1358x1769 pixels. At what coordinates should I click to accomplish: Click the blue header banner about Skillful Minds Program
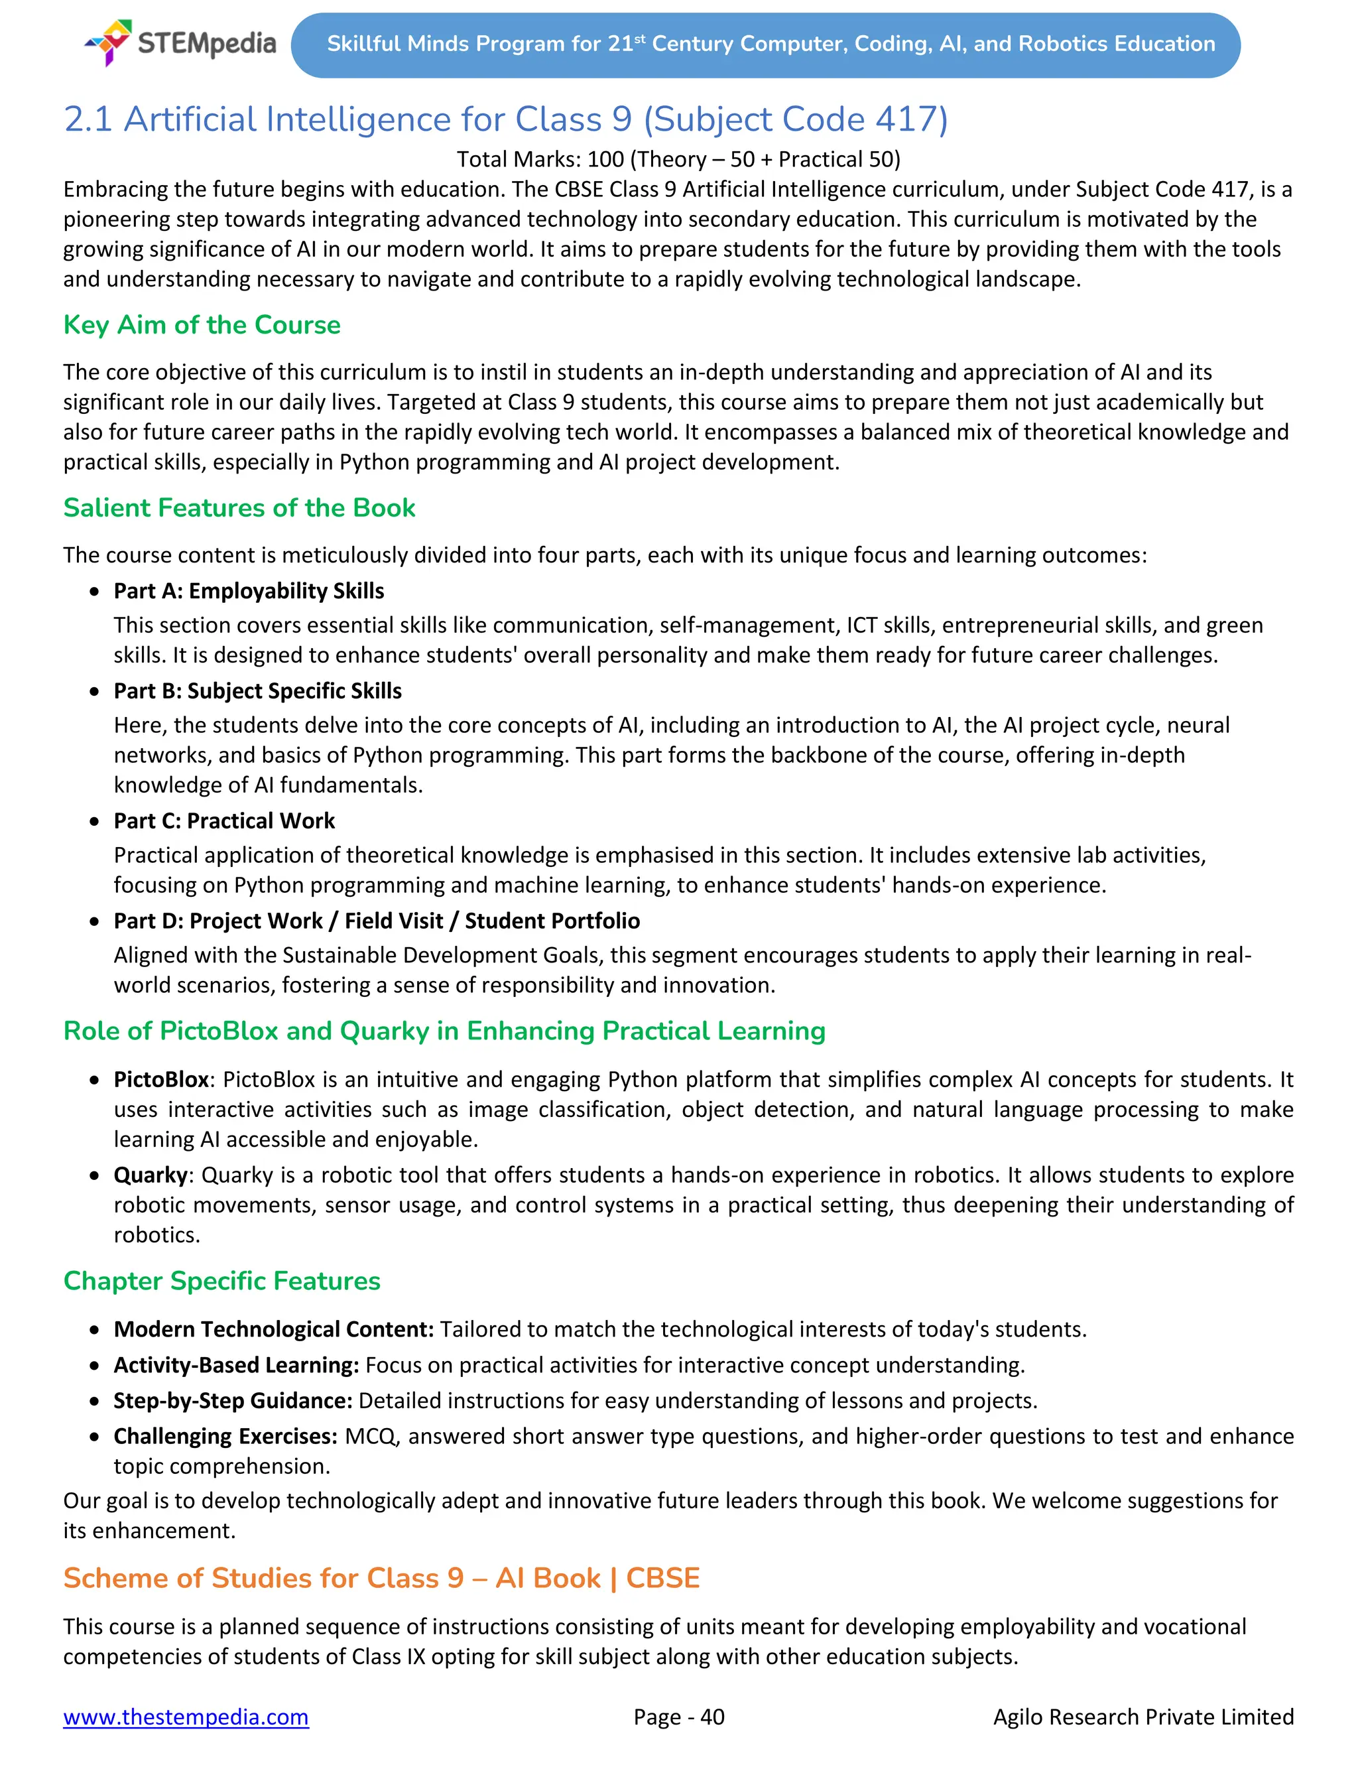click(765, 44)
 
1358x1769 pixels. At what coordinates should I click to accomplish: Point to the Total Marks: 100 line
click(678, 159)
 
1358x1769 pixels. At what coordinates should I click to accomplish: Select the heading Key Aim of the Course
click(202, 324)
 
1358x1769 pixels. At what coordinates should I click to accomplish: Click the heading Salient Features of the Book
click(239, 507)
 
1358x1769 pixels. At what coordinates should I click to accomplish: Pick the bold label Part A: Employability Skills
click(248, 591)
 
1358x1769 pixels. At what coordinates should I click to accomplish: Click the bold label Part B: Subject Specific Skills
click(257, 690)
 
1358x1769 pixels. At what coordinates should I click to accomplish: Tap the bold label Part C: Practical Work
click(224, 820)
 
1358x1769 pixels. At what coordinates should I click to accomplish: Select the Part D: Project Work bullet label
click(376, 921)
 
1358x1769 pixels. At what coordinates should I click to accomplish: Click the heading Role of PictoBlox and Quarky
click(444, 1031)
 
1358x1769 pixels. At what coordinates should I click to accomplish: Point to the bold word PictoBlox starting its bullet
click(161, 1079)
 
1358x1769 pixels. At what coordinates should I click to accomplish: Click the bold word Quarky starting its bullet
click(151, 1175)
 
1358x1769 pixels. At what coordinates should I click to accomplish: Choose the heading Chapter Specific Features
click(221, 1281)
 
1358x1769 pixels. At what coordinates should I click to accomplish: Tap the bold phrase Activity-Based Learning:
click(236, 1365)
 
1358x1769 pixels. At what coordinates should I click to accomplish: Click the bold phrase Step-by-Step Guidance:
click(233, 1400)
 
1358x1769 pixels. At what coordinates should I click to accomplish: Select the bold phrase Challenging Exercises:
click(225, 1436)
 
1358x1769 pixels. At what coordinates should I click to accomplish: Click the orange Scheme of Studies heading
click(381, 1577)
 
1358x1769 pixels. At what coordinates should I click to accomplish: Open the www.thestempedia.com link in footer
click(186, 1717)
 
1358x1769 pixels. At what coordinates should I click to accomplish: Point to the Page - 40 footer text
click(678, 1717)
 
